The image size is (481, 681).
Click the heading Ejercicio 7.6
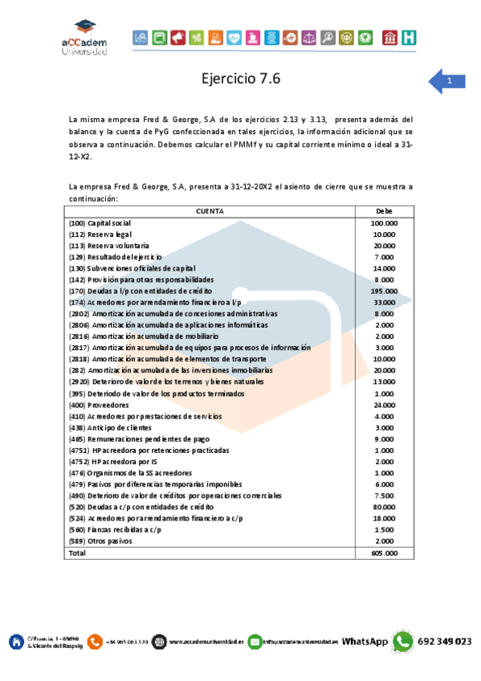(241, 79)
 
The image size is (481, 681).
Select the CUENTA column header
(210, 211)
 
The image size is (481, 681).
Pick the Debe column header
(384, 211)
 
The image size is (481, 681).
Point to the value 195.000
(384, 291)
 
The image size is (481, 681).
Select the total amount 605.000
(384, 553)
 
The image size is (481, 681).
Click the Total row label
(77, 553)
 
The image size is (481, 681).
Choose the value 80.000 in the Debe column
(384, 508)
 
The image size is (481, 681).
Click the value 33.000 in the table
(384, 302)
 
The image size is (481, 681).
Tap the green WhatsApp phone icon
(403, 641)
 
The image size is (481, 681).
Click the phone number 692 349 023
(444, 641)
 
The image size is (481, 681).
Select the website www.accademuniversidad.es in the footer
(206, 642)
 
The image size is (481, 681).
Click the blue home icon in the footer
(16, 641)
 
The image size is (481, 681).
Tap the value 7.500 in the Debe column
(384, 496)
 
